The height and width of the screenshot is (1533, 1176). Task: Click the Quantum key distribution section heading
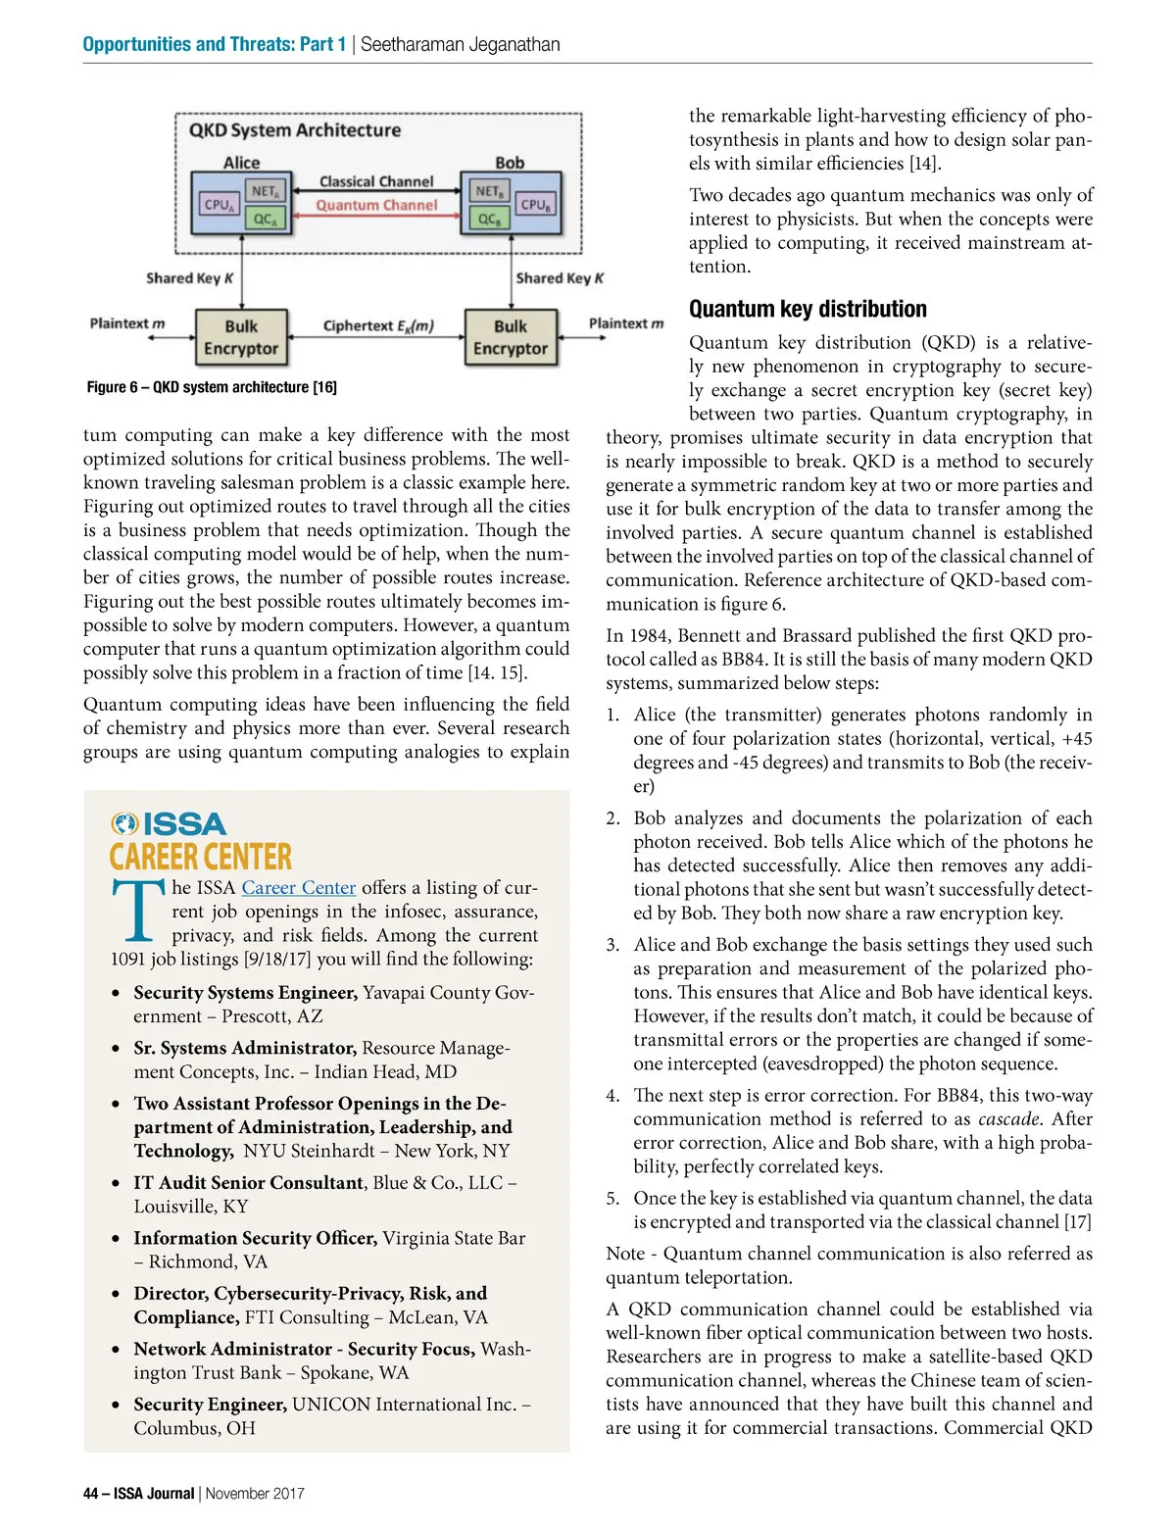808,310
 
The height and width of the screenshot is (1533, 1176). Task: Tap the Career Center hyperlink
298,888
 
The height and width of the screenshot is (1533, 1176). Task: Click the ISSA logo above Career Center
169,823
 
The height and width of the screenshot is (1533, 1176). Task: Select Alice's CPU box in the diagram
218,205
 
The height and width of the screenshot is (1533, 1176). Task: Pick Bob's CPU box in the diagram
536,205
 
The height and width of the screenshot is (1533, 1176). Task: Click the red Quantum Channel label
376,206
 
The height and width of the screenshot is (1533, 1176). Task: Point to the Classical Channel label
376,181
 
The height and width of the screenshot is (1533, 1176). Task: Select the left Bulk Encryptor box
241,337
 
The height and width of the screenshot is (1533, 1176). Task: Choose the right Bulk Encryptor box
510,337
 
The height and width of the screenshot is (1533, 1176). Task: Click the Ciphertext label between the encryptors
378,325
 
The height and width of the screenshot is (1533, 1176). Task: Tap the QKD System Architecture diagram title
295,130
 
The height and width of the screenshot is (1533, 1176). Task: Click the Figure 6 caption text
212,387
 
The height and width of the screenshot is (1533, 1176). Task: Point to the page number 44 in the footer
90,1494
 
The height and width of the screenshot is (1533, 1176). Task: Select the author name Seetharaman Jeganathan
461,44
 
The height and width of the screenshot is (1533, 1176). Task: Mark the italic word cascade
1009,1119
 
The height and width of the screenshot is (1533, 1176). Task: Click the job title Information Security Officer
255,1238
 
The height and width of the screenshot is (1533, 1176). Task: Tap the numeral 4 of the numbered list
612,1096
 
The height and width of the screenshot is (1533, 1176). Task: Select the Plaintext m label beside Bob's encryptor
625,323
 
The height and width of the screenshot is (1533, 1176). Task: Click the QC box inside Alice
266,220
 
